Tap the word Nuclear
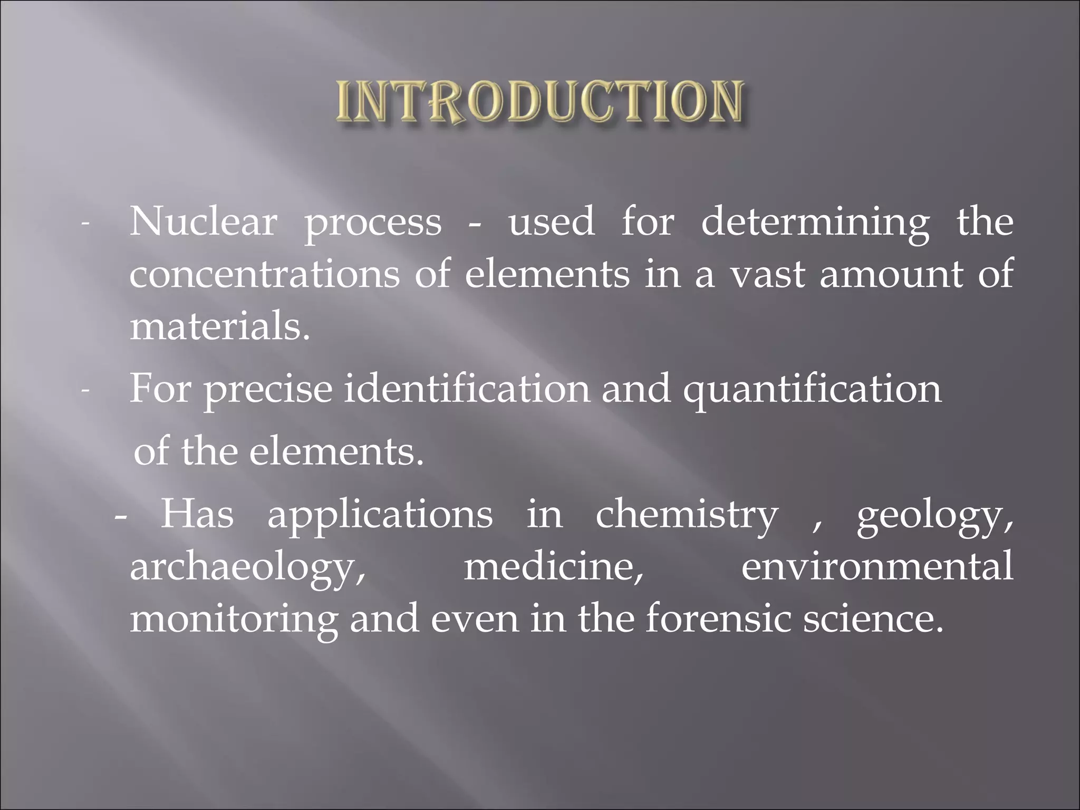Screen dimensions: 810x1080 tap(203, 222)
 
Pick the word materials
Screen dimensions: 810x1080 tap(219, 327)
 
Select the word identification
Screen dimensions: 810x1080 tap(466, 388)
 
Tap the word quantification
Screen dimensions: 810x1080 tap(812, 389)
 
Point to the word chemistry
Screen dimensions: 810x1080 tap(687, 515)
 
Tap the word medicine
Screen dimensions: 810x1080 tap(554, 566)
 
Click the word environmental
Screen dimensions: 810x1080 tap(877, 566)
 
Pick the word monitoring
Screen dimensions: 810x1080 tap(234, 619)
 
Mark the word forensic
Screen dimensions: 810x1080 tap(718, 618)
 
